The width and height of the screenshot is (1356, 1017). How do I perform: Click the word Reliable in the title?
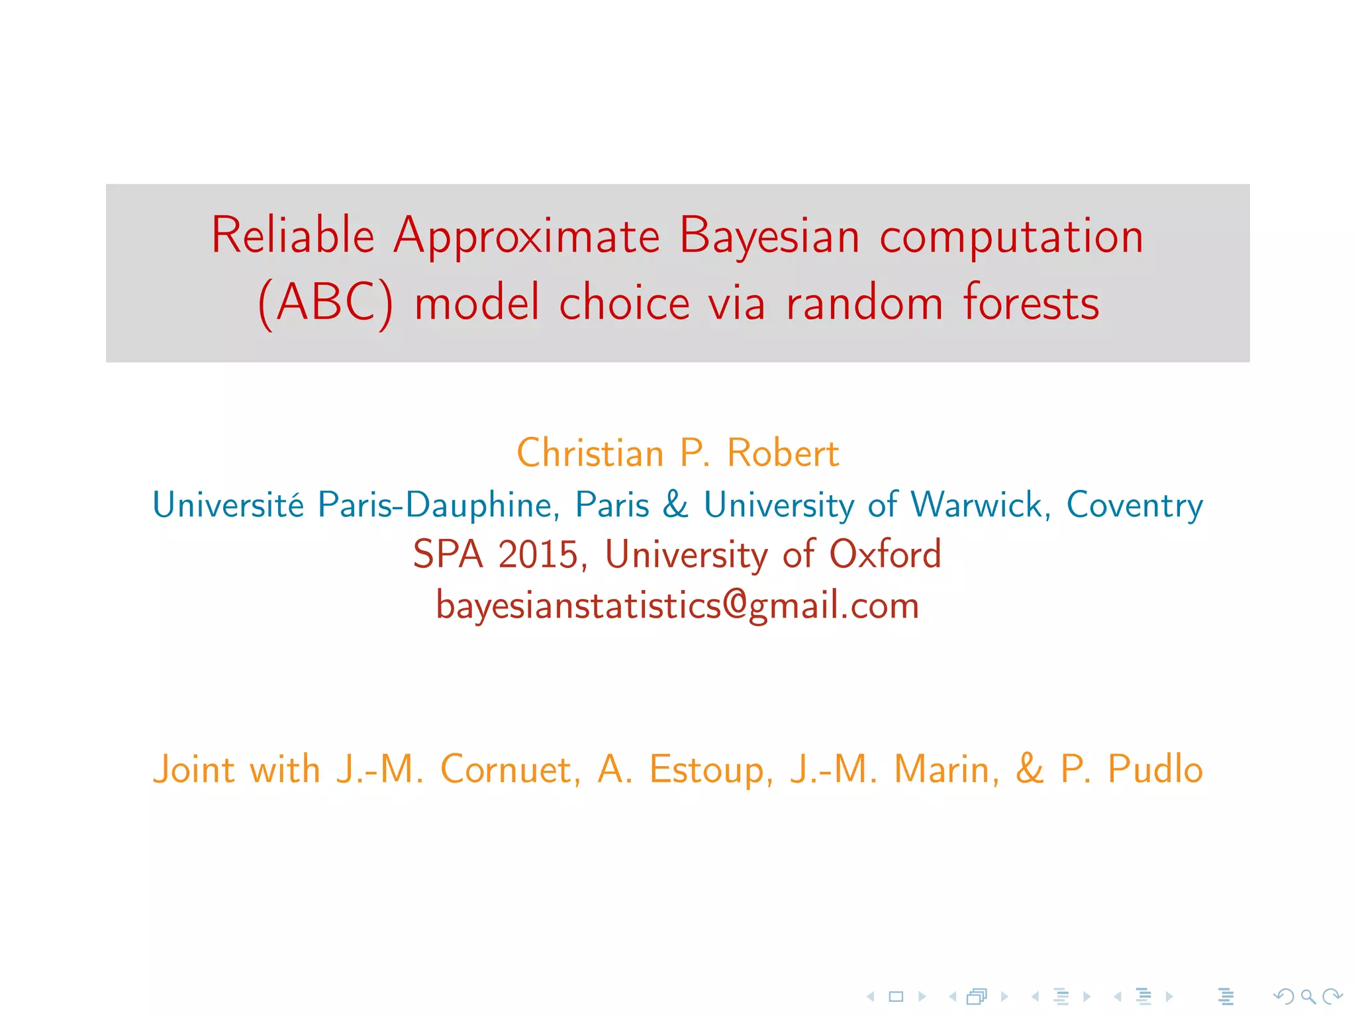click(293, 236)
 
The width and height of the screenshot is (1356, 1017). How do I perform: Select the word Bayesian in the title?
click(769, 236)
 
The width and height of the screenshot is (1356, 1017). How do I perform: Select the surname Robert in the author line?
click(783, 454)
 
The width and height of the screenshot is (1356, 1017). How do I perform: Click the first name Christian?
click(590, 454)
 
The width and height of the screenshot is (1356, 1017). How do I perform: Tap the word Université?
click(228, 505)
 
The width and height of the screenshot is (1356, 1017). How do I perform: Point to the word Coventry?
click(1134, 505)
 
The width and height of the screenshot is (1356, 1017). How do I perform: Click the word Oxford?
click(885, 554)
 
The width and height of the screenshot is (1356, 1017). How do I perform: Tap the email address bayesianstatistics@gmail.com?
click(677, 606)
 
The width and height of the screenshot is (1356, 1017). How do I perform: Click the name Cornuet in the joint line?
click(510, 769)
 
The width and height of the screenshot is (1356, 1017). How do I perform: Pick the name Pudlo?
click(1155, 769)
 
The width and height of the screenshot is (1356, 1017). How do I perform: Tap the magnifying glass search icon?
click(1308, 996)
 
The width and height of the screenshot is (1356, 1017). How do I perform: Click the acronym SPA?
click(448, 554)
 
